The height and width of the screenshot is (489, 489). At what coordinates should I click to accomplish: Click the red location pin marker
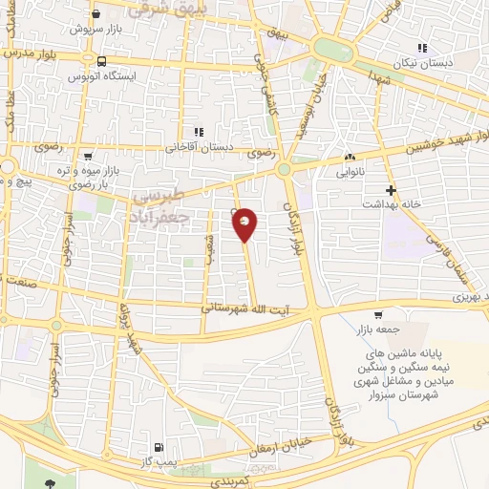point(245,223)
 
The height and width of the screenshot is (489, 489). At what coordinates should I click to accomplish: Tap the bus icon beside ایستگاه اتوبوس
point(102,62)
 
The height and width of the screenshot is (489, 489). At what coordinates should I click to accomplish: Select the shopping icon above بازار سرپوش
point(96,15)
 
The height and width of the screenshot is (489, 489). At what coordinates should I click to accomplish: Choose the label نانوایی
point(350,172)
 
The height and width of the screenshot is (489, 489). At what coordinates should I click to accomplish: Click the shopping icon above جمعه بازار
point(379,315)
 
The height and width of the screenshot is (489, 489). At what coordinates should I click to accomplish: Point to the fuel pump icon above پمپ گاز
point(159,447)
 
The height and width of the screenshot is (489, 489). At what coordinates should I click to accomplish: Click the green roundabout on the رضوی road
point(283,170)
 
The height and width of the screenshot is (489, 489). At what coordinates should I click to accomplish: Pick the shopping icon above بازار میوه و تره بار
point(88,156)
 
